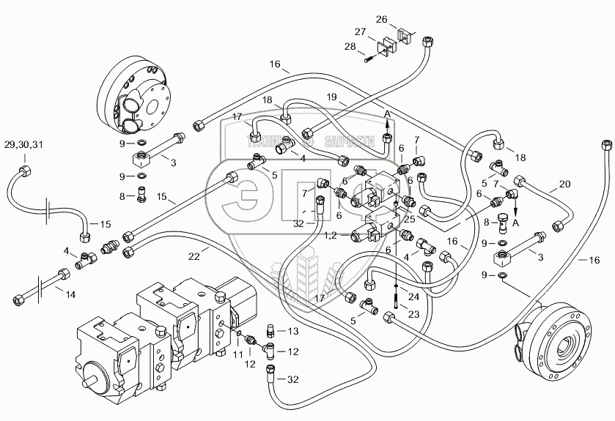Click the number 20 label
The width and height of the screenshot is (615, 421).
(563, 185)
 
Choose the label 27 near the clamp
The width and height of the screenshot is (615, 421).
(360, 32)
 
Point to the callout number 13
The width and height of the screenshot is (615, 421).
(293, 332)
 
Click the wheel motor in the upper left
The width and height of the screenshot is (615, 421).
(135, 93)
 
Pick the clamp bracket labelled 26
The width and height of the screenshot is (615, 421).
(405, 35)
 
